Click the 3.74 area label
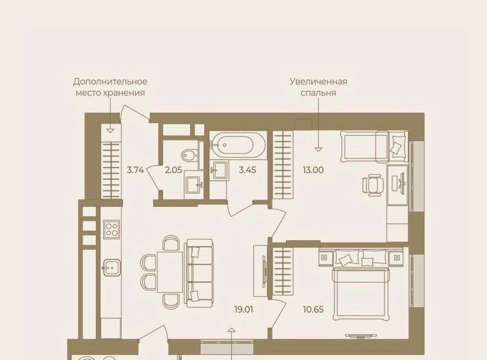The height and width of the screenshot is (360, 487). [x=135, y=170]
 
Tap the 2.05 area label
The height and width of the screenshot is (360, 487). [x=173, y=170]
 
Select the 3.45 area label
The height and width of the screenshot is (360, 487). [x=247, y=170]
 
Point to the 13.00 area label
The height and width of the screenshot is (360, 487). [x=313, y=170]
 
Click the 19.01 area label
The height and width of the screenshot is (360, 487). [x=243, y=309]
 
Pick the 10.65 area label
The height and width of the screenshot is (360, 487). [x=313, y=309]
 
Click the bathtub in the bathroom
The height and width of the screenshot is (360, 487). [x=238, y=145]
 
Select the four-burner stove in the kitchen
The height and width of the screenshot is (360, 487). [x=111, y=229]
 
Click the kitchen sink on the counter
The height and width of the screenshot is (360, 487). [x=111, y=268]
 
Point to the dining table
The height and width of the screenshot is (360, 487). [x=170, y=272]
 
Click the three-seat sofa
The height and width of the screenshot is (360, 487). [x=199, y=273]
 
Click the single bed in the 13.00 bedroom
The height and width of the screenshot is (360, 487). [x=374, y=146]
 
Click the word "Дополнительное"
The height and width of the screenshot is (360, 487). [x=110, y=82]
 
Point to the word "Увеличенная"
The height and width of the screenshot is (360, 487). [x=318, y=82]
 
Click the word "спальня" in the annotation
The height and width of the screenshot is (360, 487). [x=318, y=93]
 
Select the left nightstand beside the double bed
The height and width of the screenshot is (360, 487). [x=325, y=258]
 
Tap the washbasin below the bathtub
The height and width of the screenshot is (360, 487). [x=219, y=169]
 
